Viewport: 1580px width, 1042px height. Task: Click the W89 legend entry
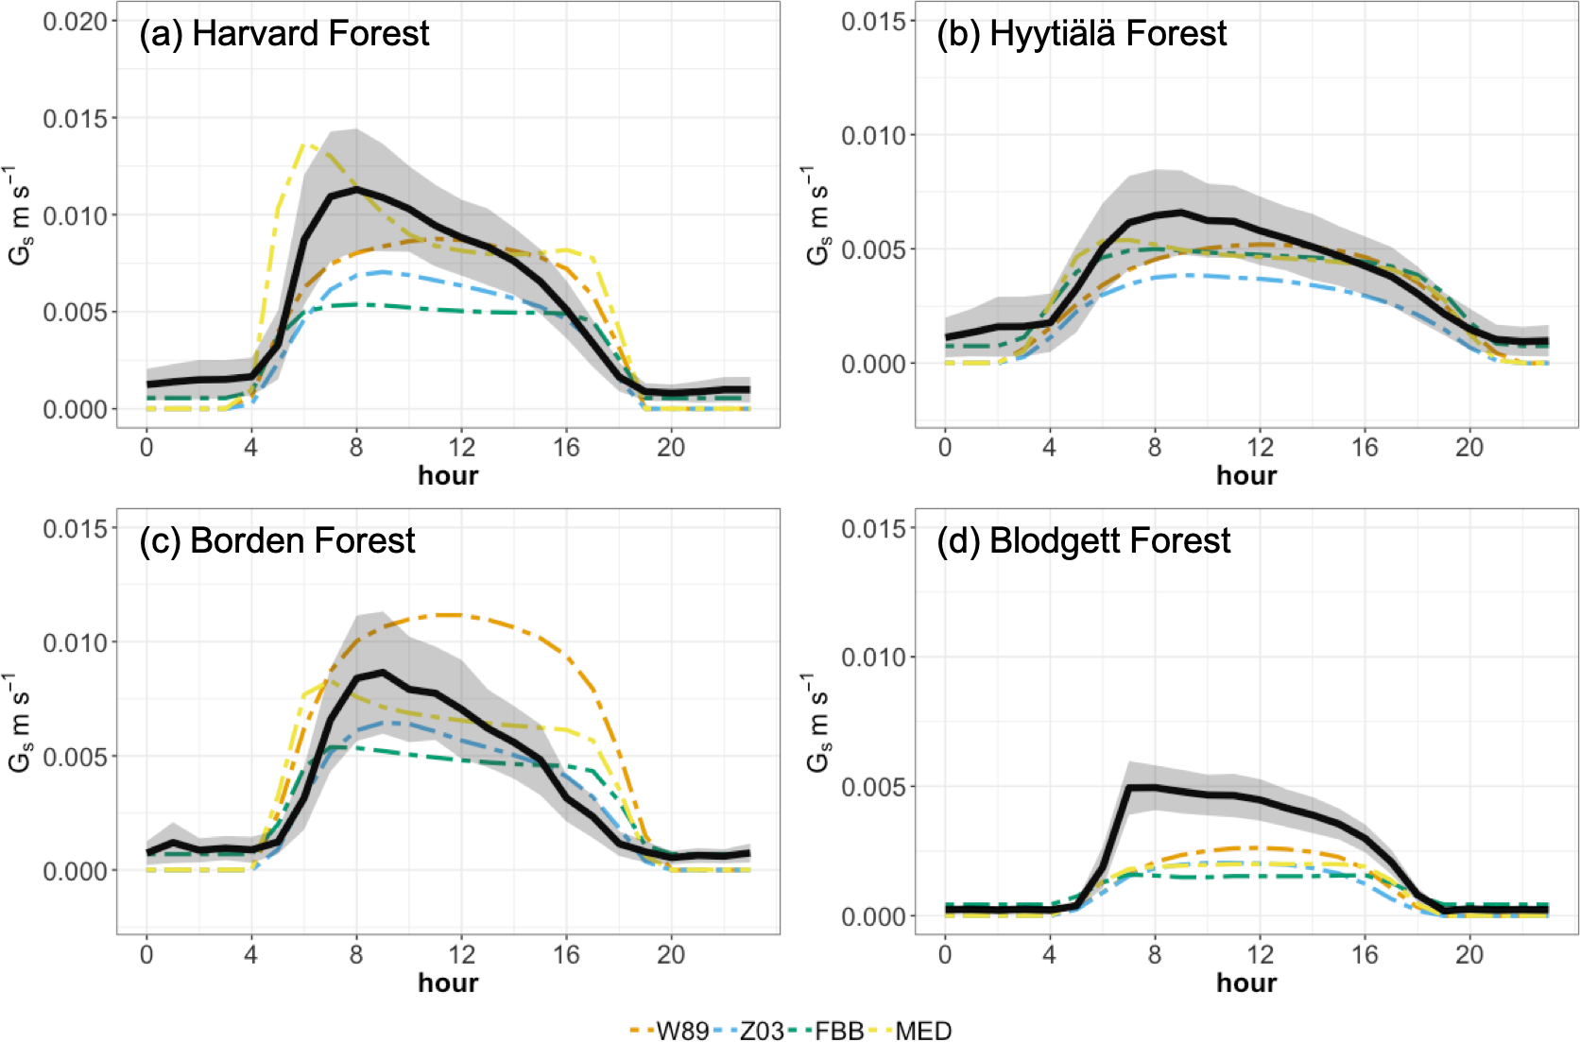tap(681, 1031)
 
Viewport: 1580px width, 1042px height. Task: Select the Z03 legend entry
tap(762, 1031)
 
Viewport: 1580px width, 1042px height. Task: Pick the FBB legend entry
tap(839, 1031)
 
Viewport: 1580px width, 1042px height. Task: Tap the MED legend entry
tap(922, 1031)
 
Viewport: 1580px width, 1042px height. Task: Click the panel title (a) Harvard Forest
tap(283, 34)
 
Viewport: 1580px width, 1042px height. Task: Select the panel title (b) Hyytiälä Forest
tap(1081, 34)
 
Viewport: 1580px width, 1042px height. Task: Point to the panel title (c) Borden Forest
tap(277, 541)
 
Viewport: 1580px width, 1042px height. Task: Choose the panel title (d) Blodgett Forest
tap(1083, 541)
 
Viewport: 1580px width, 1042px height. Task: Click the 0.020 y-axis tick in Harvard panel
tap(76, 21)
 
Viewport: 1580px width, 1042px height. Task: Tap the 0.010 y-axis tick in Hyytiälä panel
tap(873, 135)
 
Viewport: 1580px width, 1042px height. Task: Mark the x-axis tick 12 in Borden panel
tap(461, 954)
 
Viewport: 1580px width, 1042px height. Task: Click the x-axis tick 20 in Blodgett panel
tap(1468, 954)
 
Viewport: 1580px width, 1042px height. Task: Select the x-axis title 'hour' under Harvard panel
tap(448, 475)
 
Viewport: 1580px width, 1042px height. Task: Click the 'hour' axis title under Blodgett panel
tap(1246, 982)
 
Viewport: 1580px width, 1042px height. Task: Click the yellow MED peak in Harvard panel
tap(307, 145)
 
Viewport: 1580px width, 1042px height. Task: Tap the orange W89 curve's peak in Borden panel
tap(452, 615)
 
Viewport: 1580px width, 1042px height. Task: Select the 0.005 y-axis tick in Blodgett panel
tap(873, 787)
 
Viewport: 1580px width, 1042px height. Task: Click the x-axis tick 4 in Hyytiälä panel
tap(1049, 447)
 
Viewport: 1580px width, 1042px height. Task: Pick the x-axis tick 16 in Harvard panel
tap(566, 447)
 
